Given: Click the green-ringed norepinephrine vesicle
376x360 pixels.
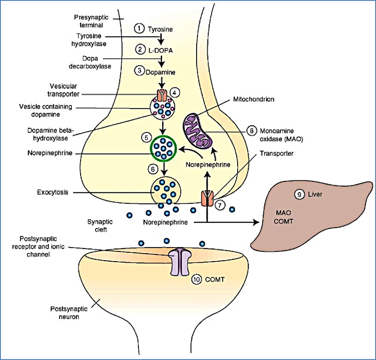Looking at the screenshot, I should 164,149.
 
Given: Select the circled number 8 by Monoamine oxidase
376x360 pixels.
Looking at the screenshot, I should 251,131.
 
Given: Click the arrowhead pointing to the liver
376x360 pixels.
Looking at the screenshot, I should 256,223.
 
